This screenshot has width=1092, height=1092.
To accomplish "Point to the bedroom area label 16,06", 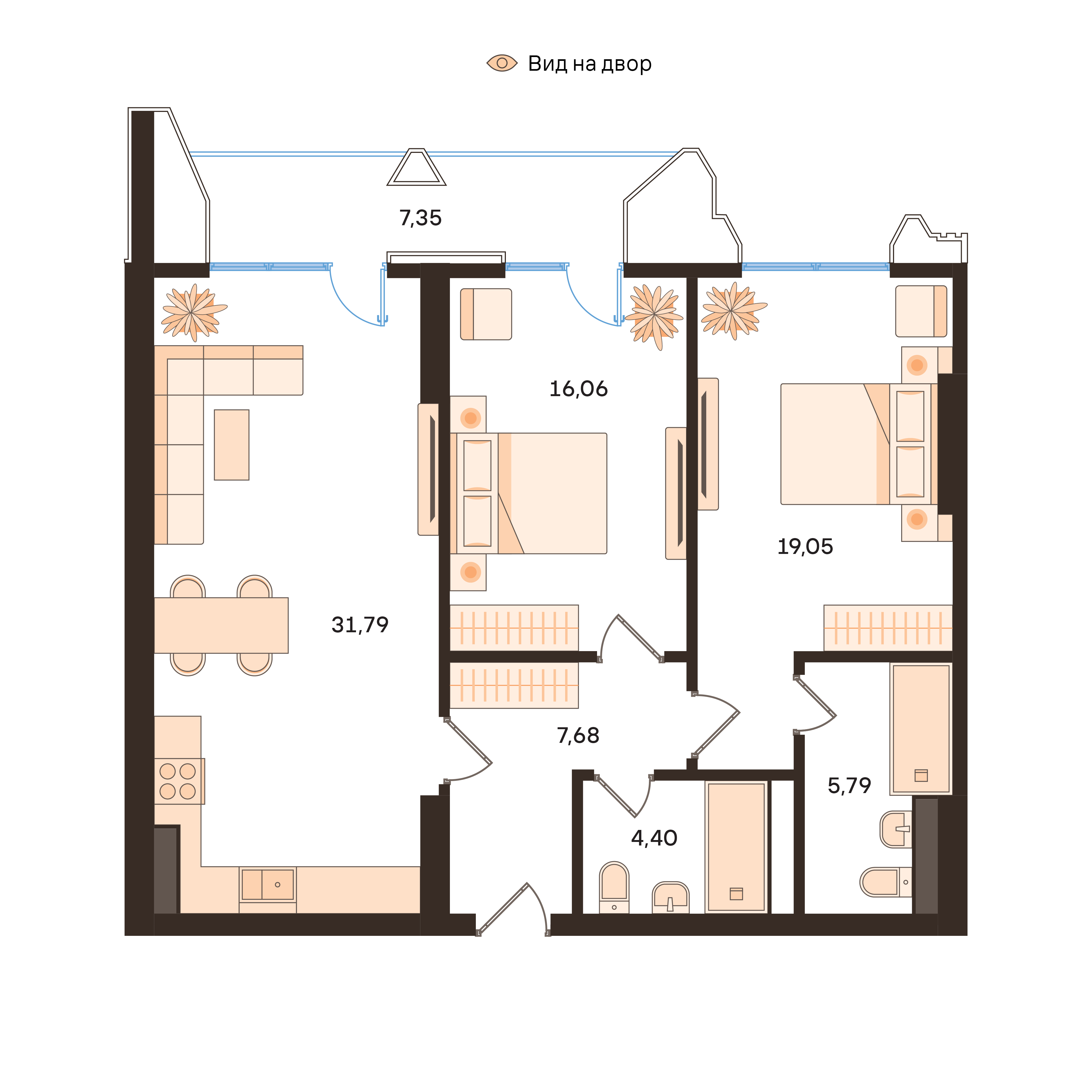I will (578, 389).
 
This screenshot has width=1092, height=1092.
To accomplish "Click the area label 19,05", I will (805, 547).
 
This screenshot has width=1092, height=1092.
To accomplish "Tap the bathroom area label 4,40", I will (654, 838).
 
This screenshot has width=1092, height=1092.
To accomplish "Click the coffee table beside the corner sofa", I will (231, 445).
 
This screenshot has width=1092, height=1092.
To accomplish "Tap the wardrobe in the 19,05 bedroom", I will (888, 627).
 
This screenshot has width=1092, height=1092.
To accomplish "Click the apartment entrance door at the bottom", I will (512, 910).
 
